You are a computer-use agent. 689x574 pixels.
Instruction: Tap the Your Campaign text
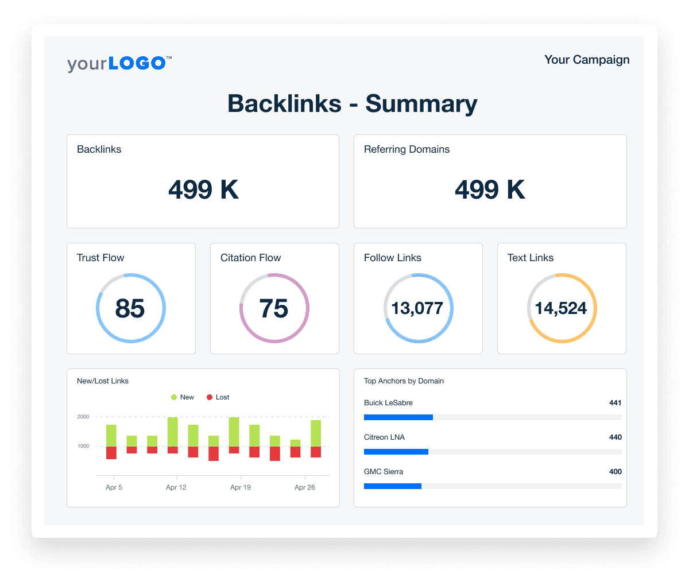click(x=586, y=60)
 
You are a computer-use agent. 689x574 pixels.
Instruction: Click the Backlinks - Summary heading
click(x=352, y=104)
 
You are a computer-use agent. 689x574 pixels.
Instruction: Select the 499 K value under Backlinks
click(x=203, y=189)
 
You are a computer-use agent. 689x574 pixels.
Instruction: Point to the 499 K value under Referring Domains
click(x=490, y=189)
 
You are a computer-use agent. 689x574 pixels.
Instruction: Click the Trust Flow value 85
click(x=130, y=308)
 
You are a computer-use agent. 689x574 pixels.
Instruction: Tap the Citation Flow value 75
click(x=274, y=308)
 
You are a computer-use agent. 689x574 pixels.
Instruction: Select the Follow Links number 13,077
click(x=417, y=308)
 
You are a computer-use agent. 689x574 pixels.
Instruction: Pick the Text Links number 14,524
click(x=561, y=308)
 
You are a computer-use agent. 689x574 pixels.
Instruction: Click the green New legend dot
click(x=174, y=397)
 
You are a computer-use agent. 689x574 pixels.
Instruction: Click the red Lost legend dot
click(x=210, y=397)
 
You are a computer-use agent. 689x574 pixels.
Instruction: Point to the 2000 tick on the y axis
click(x=83, y=417)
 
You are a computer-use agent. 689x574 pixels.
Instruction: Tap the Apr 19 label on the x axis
click(x=240, y=487)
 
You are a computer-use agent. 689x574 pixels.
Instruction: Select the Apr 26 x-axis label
click(x=304, y=487)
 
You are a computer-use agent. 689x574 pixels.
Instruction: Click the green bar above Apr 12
click(x=172, y=432)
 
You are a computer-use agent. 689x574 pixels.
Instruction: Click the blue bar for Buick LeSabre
click(x=398, y=417)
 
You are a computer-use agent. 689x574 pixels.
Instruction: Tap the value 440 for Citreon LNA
click(x=615, y=437)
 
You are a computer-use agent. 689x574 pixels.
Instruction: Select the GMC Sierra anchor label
click(x=384, y=472)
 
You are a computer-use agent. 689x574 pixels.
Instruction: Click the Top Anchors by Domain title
click(x=404, y=381)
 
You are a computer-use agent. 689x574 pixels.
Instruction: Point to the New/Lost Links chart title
click(x=103, y=381)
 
